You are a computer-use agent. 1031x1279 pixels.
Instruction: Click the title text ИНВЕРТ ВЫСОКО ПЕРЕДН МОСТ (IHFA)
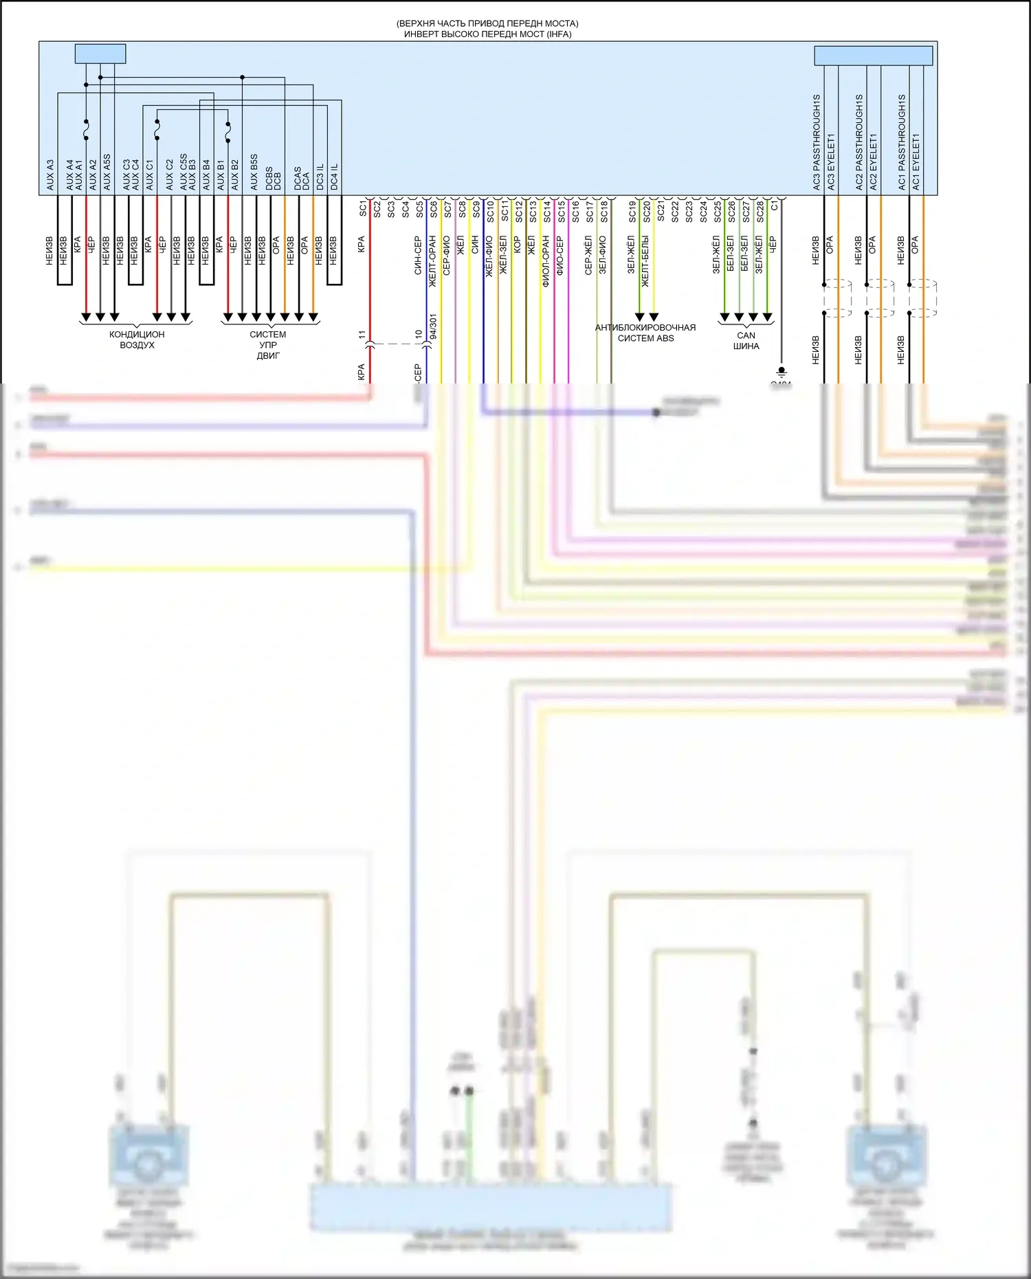[487, 34]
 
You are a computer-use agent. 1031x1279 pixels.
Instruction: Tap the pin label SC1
[363, 209]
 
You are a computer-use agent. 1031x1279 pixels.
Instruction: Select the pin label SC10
[490, 212]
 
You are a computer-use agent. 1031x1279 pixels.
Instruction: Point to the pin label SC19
[632, 212]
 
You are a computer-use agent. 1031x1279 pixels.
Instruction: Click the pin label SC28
[760, 212]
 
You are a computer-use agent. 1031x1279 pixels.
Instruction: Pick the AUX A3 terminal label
[49, 175]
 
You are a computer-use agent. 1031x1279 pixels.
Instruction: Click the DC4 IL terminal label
[334, 177]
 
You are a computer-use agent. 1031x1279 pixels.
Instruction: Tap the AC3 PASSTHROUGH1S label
[817, 142]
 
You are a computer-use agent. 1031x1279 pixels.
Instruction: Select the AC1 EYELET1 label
[916, 162]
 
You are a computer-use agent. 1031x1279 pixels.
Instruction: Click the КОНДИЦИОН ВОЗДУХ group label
[137, 340]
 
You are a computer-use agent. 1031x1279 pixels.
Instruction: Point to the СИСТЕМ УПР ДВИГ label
[268, 345]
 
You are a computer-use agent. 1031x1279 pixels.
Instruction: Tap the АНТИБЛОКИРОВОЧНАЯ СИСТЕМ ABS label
[645, 333]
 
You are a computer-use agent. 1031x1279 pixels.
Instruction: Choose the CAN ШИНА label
[746, 341]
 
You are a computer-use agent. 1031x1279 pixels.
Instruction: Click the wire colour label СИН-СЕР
[417, 256]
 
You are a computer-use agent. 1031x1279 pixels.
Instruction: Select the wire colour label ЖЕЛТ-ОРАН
[432, 261]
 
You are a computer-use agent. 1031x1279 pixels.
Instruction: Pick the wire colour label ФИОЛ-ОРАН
[546, 261]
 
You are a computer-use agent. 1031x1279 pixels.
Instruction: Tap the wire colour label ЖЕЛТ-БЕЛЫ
[645, 261]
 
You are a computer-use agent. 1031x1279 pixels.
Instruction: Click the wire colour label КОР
[517, 245]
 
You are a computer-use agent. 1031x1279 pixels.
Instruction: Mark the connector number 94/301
[433, 328]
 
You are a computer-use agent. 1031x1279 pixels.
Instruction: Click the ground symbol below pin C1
[781, 372]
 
